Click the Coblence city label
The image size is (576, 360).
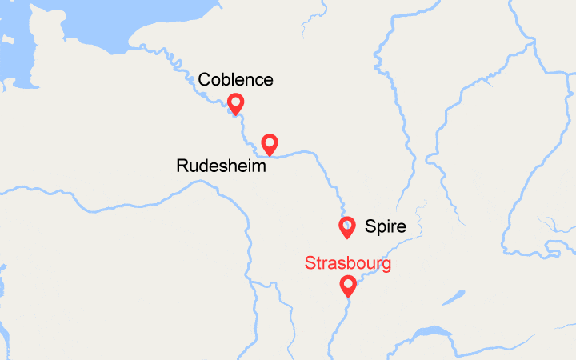pyautogui.click(x=236, y=80)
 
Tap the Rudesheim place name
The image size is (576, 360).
pyautogui.click(x=221, y=166)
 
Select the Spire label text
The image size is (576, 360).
pyautogui.click(x=386, y=227)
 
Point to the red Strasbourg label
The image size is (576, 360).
pyautogui.click(x=348, y=264)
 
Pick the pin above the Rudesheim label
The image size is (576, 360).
pyautogui.click(x=270, y=144)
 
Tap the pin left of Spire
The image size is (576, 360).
pyautogui.click(x=347, y=227)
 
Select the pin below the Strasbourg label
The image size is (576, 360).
pyautogui.click(x=348, y=285)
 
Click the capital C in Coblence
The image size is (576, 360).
pyautogui.click(x=205, y=80)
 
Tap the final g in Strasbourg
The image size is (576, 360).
pyautogui.click(x=386, y=266)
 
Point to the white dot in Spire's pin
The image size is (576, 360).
pyautogui.click(x=347, y=224)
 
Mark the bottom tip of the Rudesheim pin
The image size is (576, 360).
pyautogui.click(x=270, y=155)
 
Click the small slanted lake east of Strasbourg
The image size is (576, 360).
pyautogui.click(x=454, y=298)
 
